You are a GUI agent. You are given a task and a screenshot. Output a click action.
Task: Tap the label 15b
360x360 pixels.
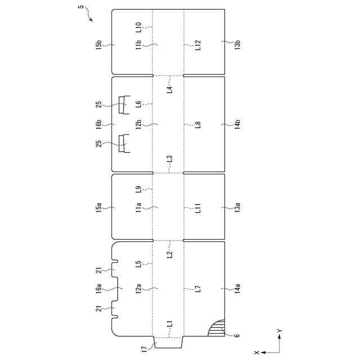click(99, 44)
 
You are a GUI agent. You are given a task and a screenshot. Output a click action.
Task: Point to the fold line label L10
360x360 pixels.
click(139, 27)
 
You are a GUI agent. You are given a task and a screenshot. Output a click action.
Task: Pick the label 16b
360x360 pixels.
click(99, 124)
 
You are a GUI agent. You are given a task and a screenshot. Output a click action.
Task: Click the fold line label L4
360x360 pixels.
click(170, 88)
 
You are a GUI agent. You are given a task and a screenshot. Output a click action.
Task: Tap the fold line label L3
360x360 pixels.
click(170, 161)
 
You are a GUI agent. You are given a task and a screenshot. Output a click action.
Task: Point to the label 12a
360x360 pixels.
click(139, 289)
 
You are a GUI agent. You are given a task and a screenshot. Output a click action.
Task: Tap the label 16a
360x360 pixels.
click(99, 289)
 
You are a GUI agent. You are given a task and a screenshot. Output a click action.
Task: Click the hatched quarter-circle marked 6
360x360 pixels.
click(217, 328)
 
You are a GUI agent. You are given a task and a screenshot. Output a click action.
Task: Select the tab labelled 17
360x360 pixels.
click(168, 343)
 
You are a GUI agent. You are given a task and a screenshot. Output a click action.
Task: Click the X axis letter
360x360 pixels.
click(257, 352)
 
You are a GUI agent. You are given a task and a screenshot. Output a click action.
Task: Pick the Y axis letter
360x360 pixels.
click(280, 331)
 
